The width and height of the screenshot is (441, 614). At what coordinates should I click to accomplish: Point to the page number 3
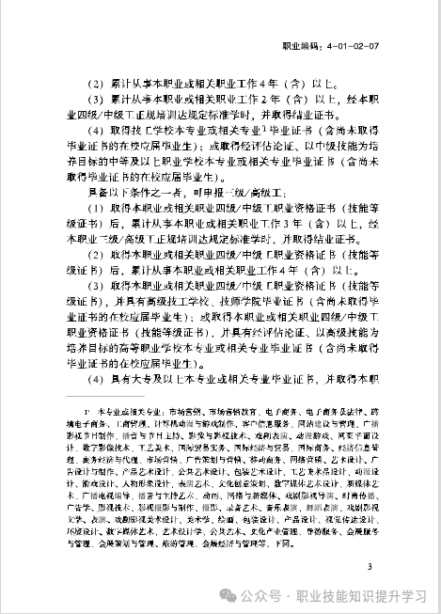(370, 566)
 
